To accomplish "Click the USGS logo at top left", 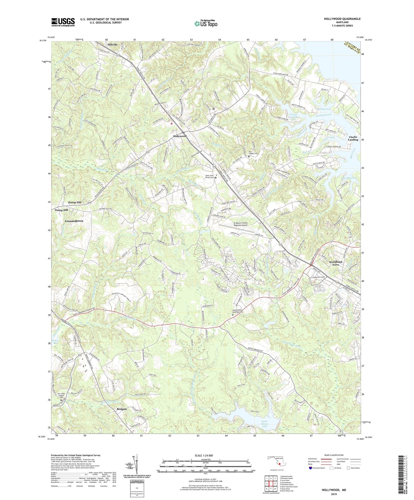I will [x=63, y=22].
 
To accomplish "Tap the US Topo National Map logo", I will [x=206, y=23].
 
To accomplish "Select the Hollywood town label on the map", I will [x=180, y=136].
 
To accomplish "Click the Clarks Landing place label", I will [x=353, y=138].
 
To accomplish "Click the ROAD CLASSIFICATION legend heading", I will [x=334, y=455].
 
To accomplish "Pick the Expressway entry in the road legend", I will [x=314, y=459].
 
